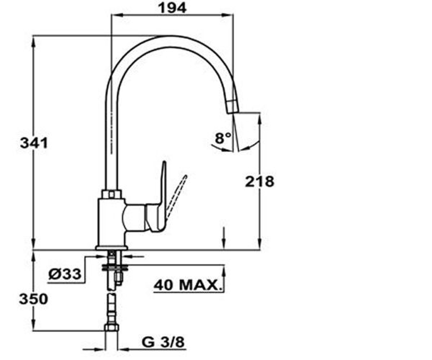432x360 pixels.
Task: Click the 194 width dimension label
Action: click(x=172, y=9)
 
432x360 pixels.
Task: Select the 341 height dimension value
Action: click(x=34, y=143)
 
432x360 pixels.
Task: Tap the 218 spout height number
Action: click(x=260, y=181)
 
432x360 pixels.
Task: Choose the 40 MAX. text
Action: click(x=187, y=285)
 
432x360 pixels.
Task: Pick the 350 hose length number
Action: click(x=33, y=299)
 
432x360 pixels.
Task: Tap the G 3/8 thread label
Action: click(x=163, y=342)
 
